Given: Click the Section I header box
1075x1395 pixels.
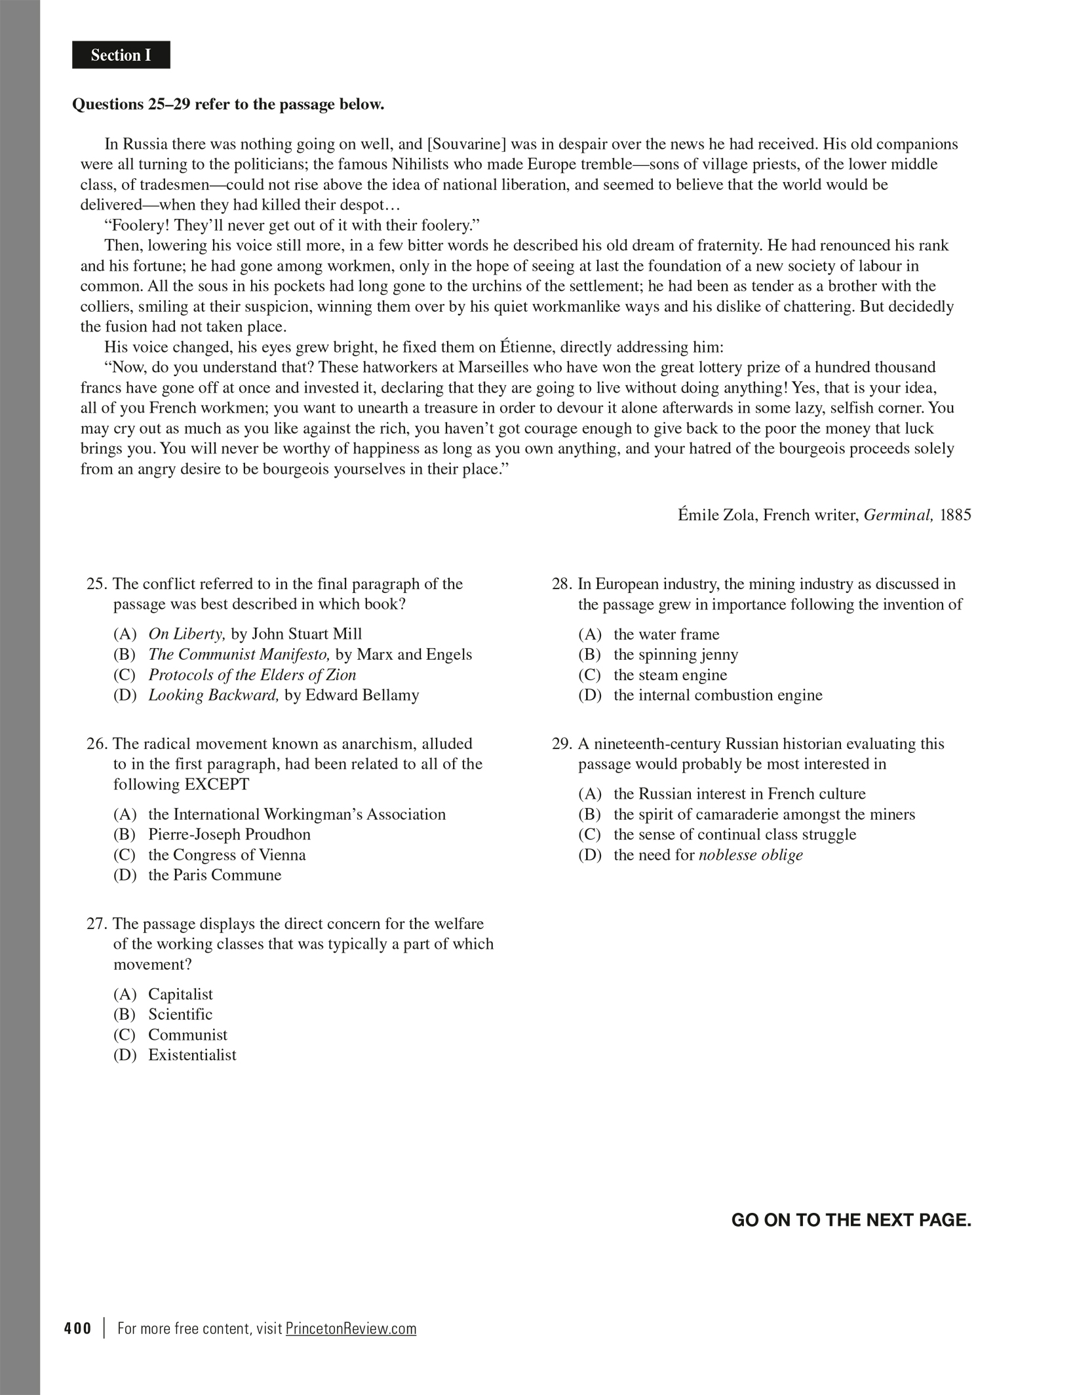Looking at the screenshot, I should coord(121,55).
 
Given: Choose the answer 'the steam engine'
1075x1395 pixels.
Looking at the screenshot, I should coord(670,674).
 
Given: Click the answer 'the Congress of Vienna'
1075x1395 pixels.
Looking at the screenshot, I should coord(227,854).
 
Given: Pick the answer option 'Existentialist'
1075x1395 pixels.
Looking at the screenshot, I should coord(192,1055).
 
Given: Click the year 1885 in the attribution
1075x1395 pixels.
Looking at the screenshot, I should coord(955,514).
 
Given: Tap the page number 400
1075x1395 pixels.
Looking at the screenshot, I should coord(78,1328).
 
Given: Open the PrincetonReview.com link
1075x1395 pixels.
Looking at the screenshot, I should coord(351,1328).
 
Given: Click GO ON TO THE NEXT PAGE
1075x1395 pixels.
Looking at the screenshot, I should coord(851,1220).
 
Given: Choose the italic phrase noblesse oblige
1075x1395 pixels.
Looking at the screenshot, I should coord(751,854).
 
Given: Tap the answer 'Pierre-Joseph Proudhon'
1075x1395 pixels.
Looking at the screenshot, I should coord(229,834).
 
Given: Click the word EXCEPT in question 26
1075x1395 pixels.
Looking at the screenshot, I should coord(217,784).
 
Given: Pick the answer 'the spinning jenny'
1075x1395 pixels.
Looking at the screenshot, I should coord(676,654).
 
